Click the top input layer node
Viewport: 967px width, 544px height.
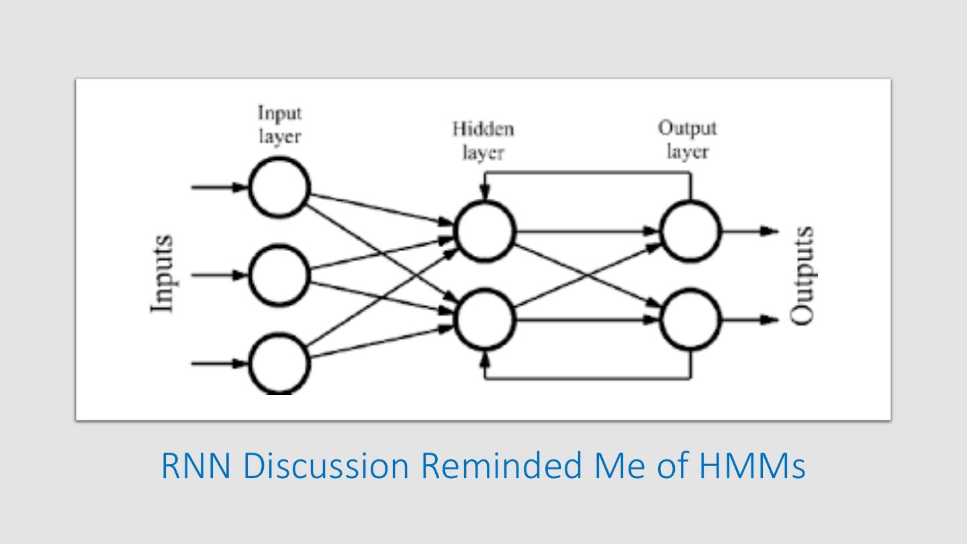279,188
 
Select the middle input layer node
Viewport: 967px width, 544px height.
279,275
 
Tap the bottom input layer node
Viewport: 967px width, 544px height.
279,363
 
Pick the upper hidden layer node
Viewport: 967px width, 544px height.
486,231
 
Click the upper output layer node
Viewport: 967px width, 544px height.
690,231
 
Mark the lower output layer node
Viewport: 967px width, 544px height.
690,320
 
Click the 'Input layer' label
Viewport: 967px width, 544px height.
279,125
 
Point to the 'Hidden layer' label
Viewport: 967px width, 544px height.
483,140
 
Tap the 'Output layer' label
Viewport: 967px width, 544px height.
687,140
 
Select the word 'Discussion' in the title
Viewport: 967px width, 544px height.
326,466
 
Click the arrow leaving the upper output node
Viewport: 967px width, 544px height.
749,232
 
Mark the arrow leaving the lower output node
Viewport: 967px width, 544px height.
749,320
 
